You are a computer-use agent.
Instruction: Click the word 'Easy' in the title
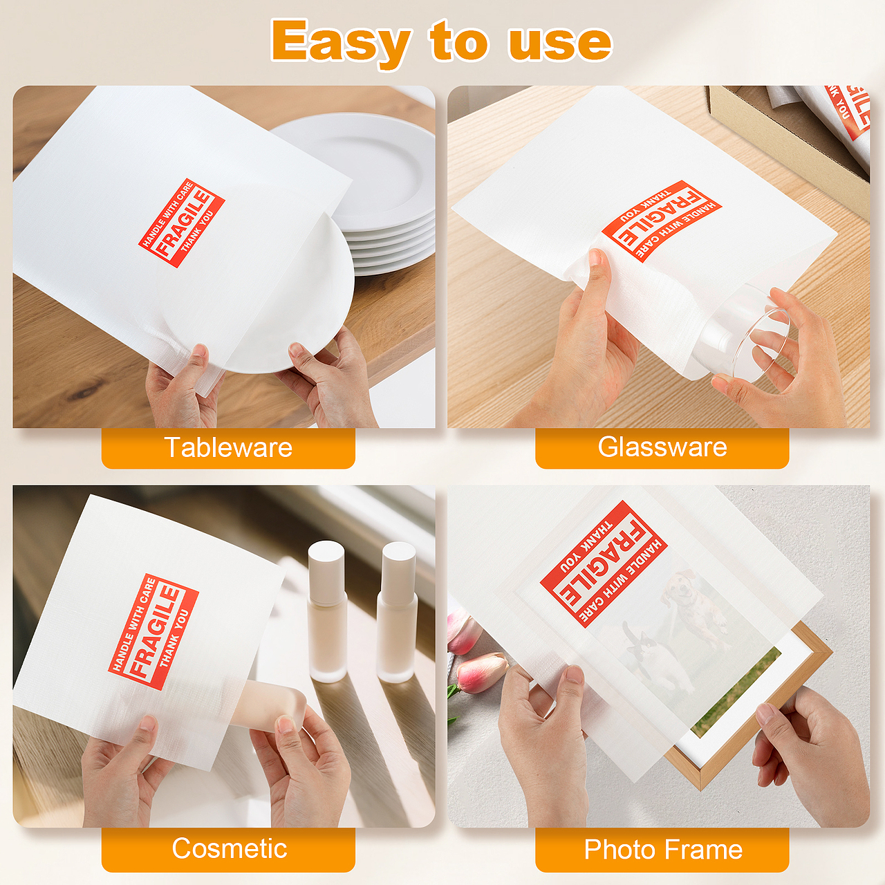coord(340,42)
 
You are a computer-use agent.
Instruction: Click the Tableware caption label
coord(228,447)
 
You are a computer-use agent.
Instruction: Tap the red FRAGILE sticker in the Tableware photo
coord(181,223)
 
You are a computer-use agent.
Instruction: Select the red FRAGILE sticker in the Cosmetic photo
coord(153,631)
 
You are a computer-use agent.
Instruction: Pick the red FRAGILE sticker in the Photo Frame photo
coord(604,564)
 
